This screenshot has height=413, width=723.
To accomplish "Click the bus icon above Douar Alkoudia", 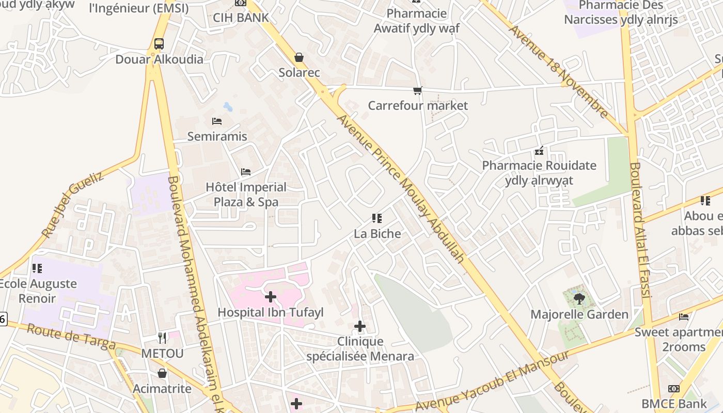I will coord(159,44).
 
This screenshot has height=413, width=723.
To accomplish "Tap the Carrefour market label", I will coord(418,106).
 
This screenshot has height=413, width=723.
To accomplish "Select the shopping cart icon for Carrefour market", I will coord(418,91).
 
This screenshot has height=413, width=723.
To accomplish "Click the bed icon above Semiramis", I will coord(217,121).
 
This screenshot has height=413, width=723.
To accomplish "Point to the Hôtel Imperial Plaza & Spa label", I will coord(246,195).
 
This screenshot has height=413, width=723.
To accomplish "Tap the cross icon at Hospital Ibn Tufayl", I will coord(270,297).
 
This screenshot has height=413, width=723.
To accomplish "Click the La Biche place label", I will coord(378,234).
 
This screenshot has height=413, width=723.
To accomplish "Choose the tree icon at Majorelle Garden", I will coord(579,298).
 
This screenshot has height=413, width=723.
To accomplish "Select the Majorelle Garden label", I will coord(579,314).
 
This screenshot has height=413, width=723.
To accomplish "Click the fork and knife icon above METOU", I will coord(162,338).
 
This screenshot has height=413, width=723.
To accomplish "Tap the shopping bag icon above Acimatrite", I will coord(162,373).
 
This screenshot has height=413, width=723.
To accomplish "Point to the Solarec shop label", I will coord(300,73).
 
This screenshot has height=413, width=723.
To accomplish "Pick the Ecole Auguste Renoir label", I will coord(37,291).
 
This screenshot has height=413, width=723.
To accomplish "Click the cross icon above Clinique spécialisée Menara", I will coord(360,326).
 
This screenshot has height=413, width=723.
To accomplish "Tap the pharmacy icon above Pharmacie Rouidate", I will coord(539,151).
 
